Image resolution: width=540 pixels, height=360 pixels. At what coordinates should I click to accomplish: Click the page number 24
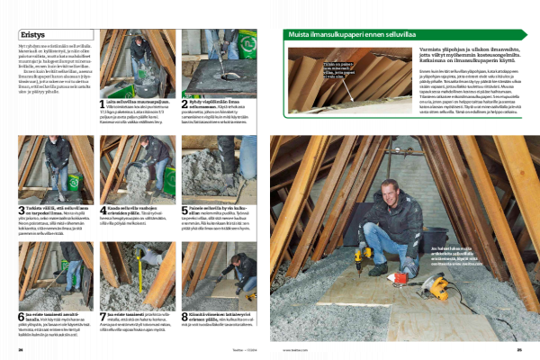[21, 350]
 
